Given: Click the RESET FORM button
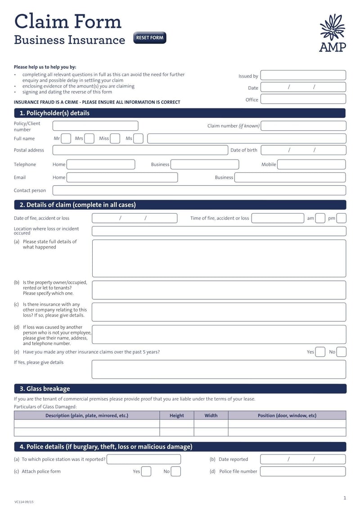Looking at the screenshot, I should pyautogui.click(x=150, y=38).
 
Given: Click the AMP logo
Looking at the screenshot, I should pyautogui.click(x=332, y=33).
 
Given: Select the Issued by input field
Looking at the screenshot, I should pyautogui.click(x=303, y=76).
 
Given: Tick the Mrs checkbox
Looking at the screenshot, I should pyautogui.click(x=89, y=138).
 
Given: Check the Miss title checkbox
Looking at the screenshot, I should pyautogui.click(x=115, y=138).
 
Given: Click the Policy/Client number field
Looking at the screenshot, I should pyautogui.click(x=95, y=126).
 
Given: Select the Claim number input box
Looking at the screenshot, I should pyautogui.click(x=303, y=126).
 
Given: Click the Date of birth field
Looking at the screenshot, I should pyautogui.click(x=303, y=150).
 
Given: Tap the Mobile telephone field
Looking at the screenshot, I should pyautogui.click(x=311, y=165).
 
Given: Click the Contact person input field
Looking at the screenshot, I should pyautogui.click(x=199, y=190).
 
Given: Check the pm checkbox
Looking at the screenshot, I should pyautogui.click(x=342, y=218).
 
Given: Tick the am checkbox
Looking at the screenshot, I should pyautogui.click(x=320, y=218).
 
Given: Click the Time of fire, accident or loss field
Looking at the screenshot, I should pyautogui.click(x=278, y=218).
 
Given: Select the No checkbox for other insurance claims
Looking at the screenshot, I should pyautogui.click(x=342, y=352).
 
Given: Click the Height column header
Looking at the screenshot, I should pyautogui.click(x=177, y=415).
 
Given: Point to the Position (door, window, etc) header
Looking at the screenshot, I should pyautogui.click(x=287, y=415).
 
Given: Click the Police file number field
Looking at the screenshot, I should pyautogui.click(x=303, y=472).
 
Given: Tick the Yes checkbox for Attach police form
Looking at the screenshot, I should pyautogui.click(x=146, y=472).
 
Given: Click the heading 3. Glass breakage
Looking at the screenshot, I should pyautogui.click(x=45, y=389).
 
